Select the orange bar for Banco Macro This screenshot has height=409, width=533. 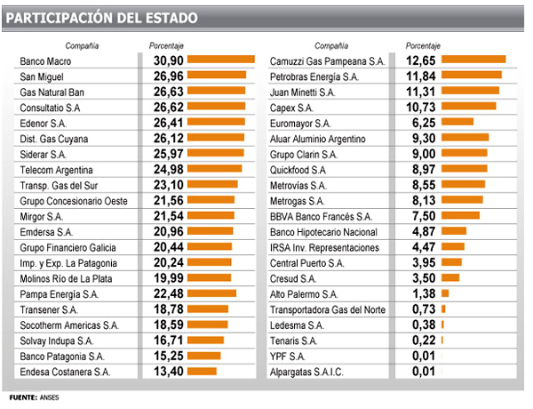tap(222, 60)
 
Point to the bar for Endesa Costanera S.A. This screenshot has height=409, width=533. tap(203, 371)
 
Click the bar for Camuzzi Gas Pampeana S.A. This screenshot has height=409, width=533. tap(473, 60)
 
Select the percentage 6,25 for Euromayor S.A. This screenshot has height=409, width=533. tap(418, 123)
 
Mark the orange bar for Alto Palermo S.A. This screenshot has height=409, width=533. tap(445, 293)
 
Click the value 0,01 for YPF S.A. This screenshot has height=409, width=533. tap(418, 356)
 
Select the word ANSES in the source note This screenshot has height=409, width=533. tap(50, 397)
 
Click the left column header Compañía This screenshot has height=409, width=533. tap(81, 44)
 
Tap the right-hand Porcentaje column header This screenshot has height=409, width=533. tap(423, 44)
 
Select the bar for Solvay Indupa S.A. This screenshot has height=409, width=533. tap(206, 340)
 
